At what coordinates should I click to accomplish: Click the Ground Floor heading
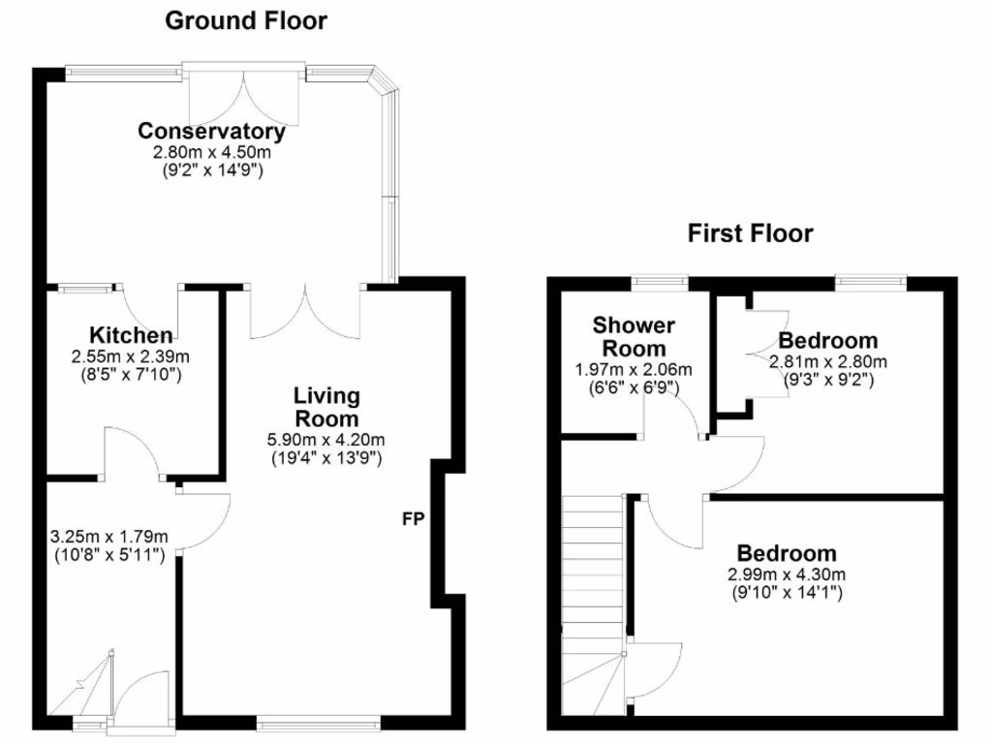tap(245, 20)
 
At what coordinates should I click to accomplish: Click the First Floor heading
tap(750, 233)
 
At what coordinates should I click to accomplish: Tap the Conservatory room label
tap(211, 132)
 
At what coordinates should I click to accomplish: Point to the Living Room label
tap(326, 407)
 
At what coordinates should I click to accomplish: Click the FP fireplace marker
tap(414, 519)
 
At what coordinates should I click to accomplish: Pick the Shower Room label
tap(635, 336)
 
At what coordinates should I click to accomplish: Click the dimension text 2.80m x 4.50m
tap(211, 153)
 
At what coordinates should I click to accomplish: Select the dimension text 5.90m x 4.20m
tap(326, 439)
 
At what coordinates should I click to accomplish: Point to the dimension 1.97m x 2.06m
tap(635, 369)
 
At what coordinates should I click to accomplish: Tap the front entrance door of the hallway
tap(141, 697)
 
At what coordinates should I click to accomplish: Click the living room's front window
tap(319, 721)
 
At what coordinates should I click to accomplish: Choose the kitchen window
tap(84, 287)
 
